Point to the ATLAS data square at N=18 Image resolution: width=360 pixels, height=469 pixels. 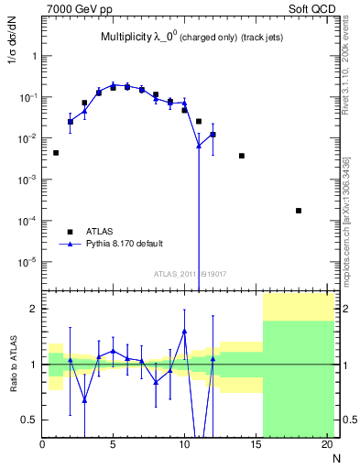(x=299, y=211)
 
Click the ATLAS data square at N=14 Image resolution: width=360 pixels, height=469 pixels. (x=242, y=156)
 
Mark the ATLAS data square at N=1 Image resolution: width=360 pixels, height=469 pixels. (x=57, y=153)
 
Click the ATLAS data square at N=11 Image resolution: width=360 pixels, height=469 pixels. (x=199, y=121)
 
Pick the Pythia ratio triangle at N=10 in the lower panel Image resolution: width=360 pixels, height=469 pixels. (x=184, y=331)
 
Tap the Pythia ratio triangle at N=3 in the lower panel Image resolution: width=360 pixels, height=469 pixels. (x=85, y=399)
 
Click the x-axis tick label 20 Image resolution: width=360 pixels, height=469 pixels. (x=326, y=445)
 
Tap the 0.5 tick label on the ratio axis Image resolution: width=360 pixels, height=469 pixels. (x=30, y=420)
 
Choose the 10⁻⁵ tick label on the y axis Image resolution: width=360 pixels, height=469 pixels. (x=27, y=262)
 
